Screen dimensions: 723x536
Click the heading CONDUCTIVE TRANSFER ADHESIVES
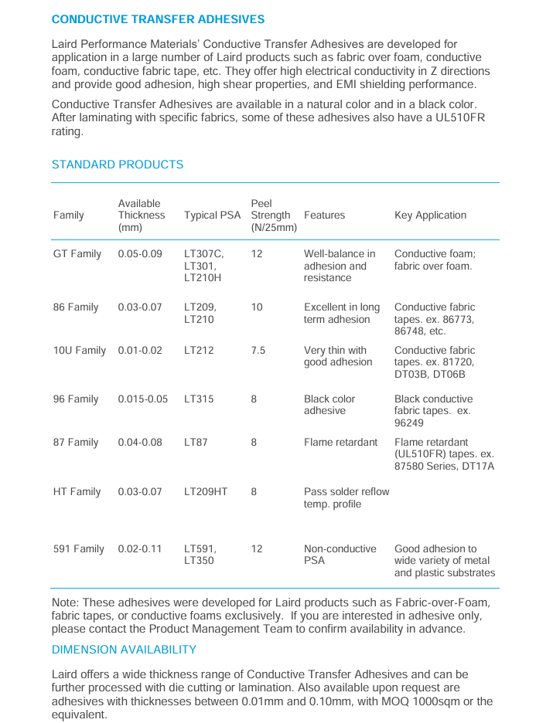(x=158, y=19)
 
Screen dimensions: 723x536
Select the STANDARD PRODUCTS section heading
(x=118, y=165)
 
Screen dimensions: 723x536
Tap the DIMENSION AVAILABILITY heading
(x=124, y=650)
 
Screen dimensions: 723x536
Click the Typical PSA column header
(x=212, y=216)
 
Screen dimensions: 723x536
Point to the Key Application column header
(x=430, y=216)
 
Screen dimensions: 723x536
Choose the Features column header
(x=324, y=216)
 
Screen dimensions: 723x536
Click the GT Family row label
(x=77, y=254)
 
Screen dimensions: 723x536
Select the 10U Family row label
(x=80, y=351)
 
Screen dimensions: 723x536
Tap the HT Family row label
(x=77, y=492)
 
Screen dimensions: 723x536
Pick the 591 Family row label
(x=79, y=549)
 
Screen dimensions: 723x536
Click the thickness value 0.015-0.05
(x=142, y=399)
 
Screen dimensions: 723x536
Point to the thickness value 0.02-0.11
(x=140, y=549)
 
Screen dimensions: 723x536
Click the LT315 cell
(x=199, y=399)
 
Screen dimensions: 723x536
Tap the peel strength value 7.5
(x=258, y=351)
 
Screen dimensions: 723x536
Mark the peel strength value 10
(x=257, y=307)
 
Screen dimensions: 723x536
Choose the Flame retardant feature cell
(x=340, y=443)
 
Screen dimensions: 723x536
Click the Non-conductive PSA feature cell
(x=340, y=555)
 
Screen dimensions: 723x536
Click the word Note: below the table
(x=65, y=602)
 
